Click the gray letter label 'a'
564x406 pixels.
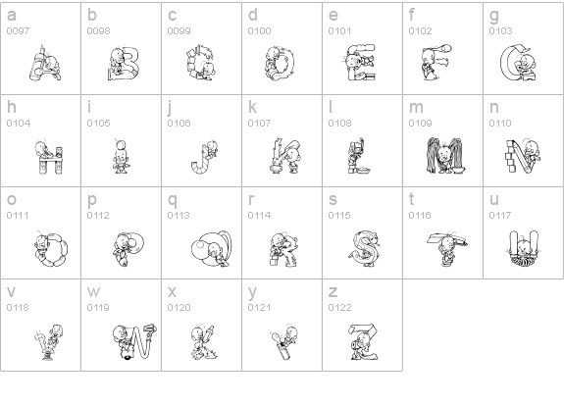click(x=12, y=16)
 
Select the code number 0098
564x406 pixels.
click(x=98, y=31)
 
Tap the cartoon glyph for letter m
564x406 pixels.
click(x=446, y=155)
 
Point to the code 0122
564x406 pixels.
click(x=339, y=308)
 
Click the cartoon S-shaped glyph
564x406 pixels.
click(x=364, y=248)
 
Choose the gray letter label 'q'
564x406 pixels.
click(x=173, y=201)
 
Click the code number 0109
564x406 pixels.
click(x=420, y=124)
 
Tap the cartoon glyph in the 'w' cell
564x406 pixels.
click(x=134, y=341)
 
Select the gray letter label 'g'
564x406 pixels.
click(x=494, y=17)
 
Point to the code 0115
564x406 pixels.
click(x=339, y=216)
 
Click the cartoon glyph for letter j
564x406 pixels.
click(x=204, y=157)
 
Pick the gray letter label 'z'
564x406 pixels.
click(x=333, y=292)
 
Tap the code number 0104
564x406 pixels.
click(x=19, y=124)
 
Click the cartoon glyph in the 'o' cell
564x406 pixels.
click(x=52, y=249)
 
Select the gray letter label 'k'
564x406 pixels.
click(x=252, y=108)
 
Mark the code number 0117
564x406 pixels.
click(x=500, y=216)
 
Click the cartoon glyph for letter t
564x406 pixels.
click(x=447, y=248)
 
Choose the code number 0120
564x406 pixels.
click(x=179, y=308)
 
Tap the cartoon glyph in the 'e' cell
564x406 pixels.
click(x=359, y=62)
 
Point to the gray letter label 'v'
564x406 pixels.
click(x=11, y=292)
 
